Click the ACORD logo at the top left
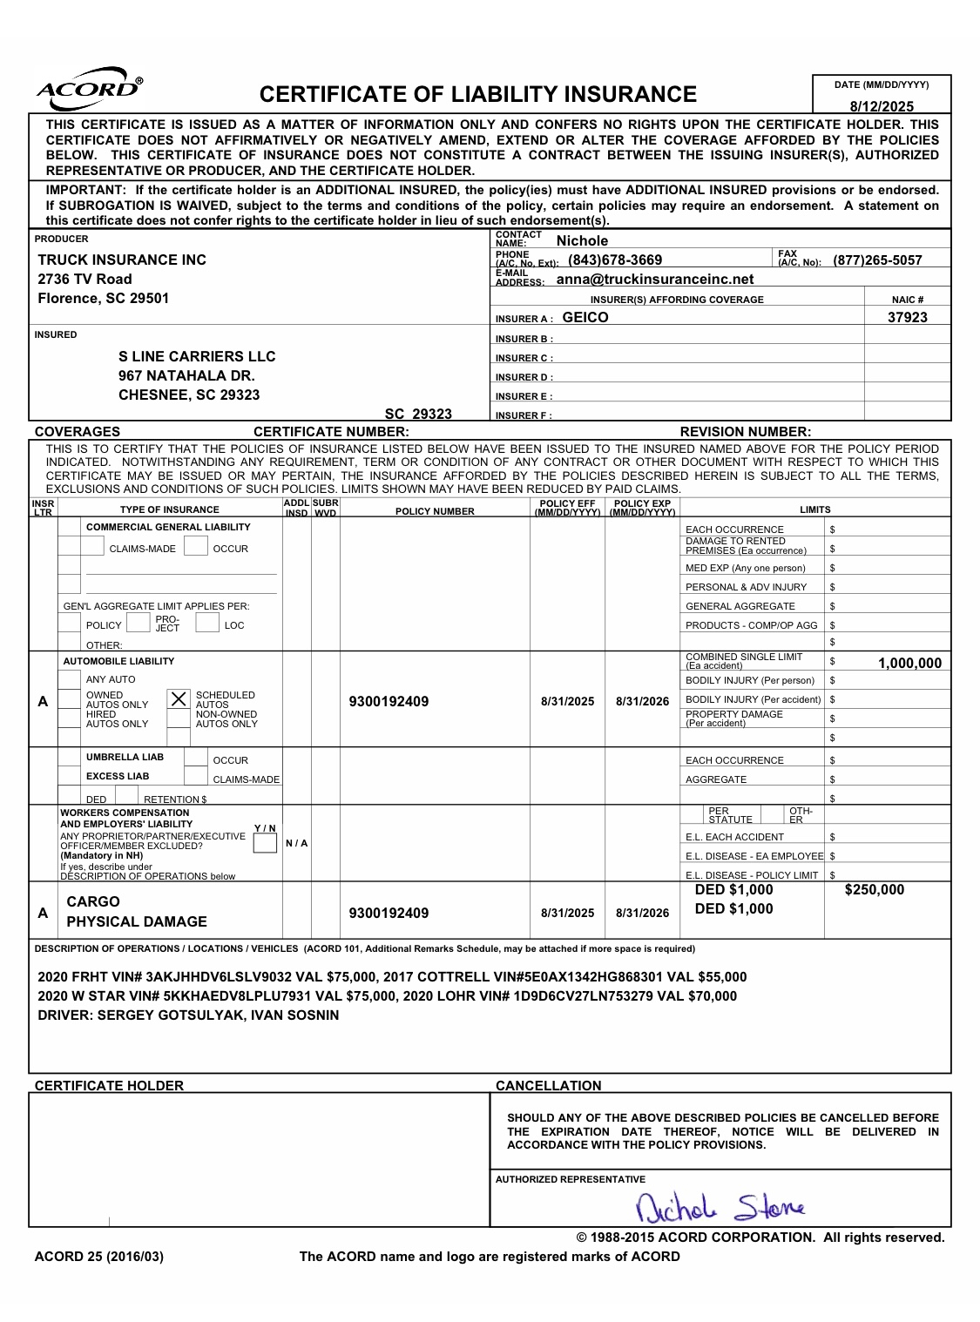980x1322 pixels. pyautogui.click(x=88, y=90)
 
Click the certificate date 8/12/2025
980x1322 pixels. pyautogui.click(x=882, y=106)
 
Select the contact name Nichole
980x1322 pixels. pyautogui.click(x=582, y=240)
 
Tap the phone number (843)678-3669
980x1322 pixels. pyautogui.click(x=615, y=260)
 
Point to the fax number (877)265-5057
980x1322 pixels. pyautogui.click(x=877, y=260)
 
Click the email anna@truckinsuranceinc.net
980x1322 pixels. pyautogui.click(x=655, y=279)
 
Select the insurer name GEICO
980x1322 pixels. pyautogui.click(x=585, y=317)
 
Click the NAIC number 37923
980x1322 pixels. pyautogui.click(x=907, y=317)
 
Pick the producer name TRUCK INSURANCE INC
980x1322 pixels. pyautogui.click(x=122, y=260)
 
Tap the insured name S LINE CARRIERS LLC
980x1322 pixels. pyautogui.click(x=197, y=356)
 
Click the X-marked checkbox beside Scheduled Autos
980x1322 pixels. pyautogui.click(x=179, y=698)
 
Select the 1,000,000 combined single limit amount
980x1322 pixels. pyautogui.click(x=909, y=664)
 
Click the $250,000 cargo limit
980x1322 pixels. pyautogui.click(x=875, y=889)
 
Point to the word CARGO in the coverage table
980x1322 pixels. pyautogui.click(x=93, y=901)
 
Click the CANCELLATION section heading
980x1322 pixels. pyautogui.click(x=548, y=1085)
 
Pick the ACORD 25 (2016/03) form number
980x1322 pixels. pyautogui.click(x=98, y=1256)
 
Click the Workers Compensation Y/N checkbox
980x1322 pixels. pyautogui.click(x=265, y=843)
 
